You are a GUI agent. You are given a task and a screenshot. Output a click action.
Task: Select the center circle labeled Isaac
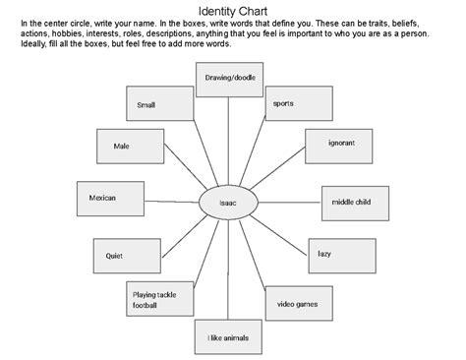click(230, 204)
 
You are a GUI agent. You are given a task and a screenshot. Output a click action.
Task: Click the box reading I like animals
click(228, 336)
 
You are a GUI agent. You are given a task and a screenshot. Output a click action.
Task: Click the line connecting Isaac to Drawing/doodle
click(229, 143)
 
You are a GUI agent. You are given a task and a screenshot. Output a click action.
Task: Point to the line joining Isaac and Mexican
click(167, 202)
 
